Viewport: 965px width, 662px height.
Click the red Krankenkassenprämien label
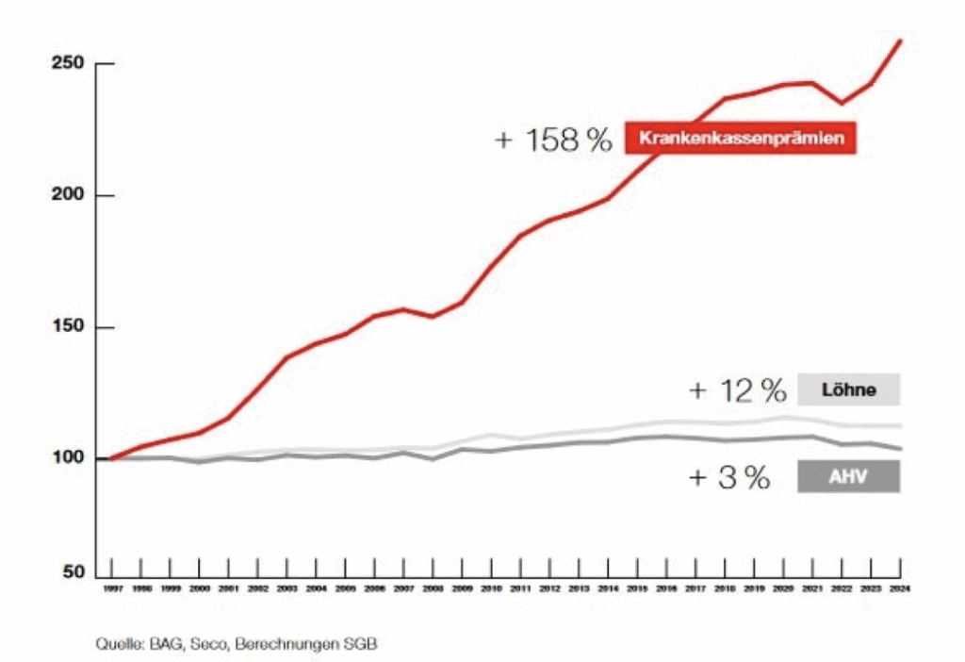pyautogui.click(x=740, y=139)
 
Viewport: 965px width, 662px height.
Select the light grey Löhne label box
pyautogui.click(x=848, y=389)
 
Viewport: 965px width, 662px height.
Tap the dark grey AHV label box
pyautogui.click(x=848, y=476)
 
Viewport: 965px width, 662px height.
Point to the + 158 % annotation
pyautogui.click(x=553, y=140)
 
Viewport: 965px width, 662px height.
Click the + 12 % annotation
pyautogui.click(x=738, y=389)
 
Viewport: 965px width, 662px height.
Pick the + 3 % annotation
pyautogui.click(x=729, y=477)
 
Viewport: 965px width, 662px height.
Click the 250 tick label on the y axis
pyautogui.click(x=68, y=64)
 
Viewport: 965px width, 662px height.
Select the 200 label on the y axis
pyautogui.click(x=68, y=195)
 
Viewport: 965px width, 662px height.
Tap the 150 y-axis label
pyautogui.click(x=68, y=328)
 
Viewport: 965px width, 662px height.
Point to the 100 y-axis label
pyautogui.click(x=68, y=459)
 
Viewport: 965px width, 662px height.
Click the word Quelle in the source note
pyautogui.click(x=117, y=644)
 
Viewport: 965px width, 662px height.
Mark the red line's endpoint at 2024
pyautogui.click(x=901, y=41)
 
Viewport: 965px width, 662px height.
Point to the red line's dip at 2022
pyautogui.click(x=842, y=103)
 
